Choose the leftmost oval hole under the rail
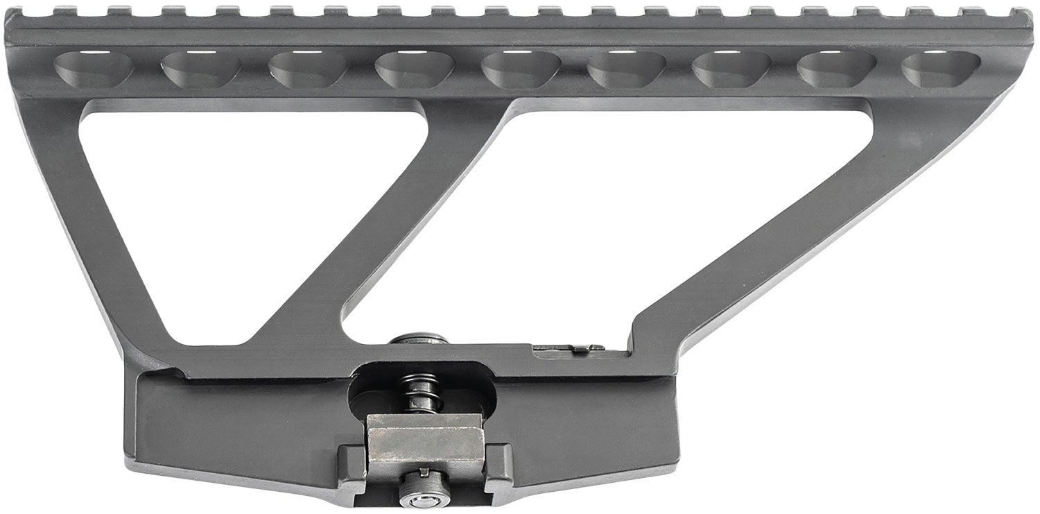pos(88,68)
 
